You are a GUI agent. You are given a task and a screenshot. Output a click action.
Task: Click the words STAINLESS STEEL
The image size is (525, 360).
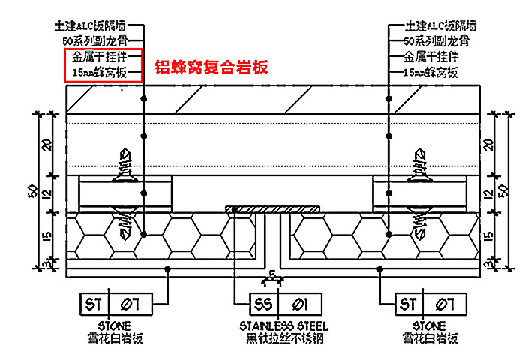[279, 325]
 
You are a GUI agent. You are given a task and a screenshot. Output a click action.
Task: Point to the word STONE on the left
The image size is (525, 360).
[113, 325]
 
